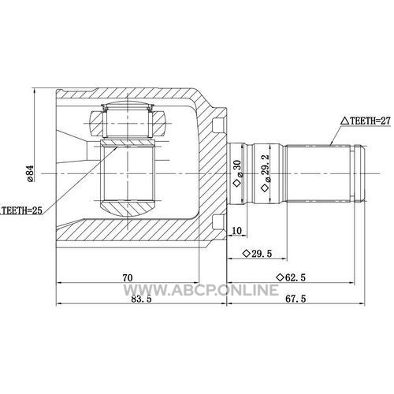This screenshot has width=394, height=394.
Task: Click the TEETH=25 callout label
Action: click(x=21, y=210)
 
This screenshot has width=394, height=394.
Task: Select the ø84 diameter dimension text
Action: click(x=30, y=173)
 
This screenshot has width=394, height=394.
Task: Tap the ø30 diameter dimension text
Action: click(x=238, y=169)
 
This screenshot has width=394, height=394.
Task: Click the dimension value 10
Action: click(x=236, y=231)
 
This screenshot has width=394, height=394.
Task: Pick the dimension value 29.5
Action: click(x=262, y=254)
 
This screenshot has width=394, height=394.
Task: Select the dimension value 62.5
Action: click(x=295, y=277)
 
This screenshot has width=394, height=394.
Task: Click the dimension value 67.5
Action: click(x=295, y=299)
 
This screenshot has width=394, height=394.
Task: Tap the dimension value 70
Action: click(x=128, y=277)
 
